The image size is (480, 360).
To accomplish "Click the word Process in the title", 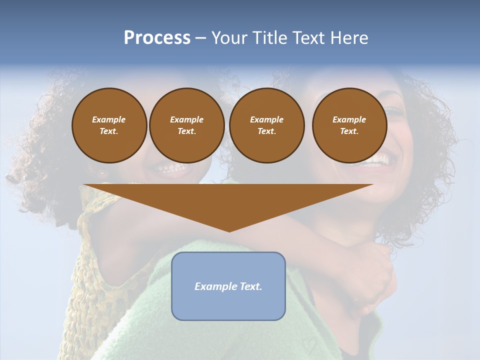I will click(x=157, y=38).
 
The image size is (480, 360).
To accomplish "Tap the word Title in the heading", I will click(x=269, y=38).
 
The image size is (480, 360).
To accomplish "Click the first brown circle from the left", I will click(x=109, y=125).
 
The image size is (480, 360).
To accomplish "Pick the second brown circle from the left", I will click(x=186, y=125).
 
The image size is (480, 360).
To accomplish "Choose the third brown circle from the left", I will click(x=266, y=125).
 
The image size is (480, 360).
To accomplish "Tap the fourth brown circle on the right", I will click(x=349, y=125).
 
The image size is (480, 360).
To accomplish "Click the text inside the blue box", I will click(x=228, y=286).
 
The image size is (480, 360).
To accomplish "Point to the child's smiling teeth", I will click(x=172, y=168).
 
